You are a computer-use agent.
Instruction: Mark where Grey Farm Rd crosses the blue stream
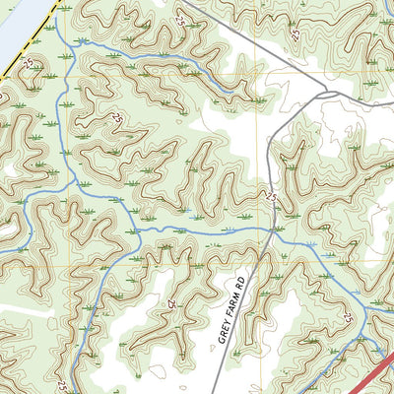click(272, 232)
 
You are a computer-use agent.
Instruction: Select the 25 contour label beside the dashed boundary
click(27, 63)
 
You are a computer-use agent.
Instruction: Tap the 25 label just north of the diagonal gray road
click(295, 33)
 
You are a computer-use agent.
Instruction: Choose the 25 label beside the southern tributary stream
click(62, 385)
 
